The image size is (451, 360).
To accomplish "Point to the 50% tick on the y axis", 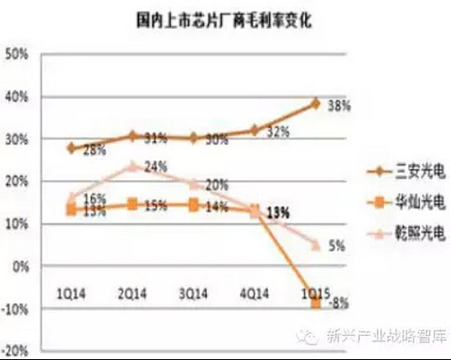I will pyautogui.click(x=18, y=54).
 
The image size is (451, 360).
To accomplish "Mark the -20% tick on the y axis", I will pyautogui.click(x=16, y=352).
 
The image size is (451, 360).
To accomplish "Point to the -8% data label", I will pyautogui.click(x=338, y=302).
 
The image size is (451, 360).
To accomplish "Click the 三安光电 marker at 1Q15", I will pyautogui.click(x=316, y=103).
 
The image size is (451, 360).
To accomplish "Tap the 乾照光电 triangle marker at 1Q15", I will pyautogui.click(x=316, y=245).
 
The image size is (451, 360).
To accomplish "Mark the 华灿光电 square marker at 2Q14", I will pyautogui.click(x=135, y=203).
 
